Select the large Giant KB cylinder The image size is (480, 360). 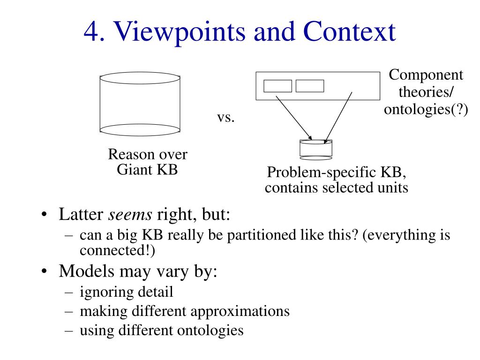[140, 104]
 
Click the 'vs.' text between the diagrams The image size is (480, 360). [225, 117]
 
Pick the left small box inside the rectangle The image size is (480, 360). [277, 86]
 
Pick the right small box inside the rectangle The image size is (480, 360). [310, 86]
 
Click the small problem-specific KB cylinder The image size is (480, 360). [315, 148]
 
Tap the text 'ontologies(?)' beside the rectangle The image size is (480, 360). [426, 110]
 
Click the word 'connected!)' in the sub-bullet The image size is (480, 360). [117, 250]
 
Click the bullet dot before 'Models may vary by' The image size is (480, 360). [44, 271]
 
